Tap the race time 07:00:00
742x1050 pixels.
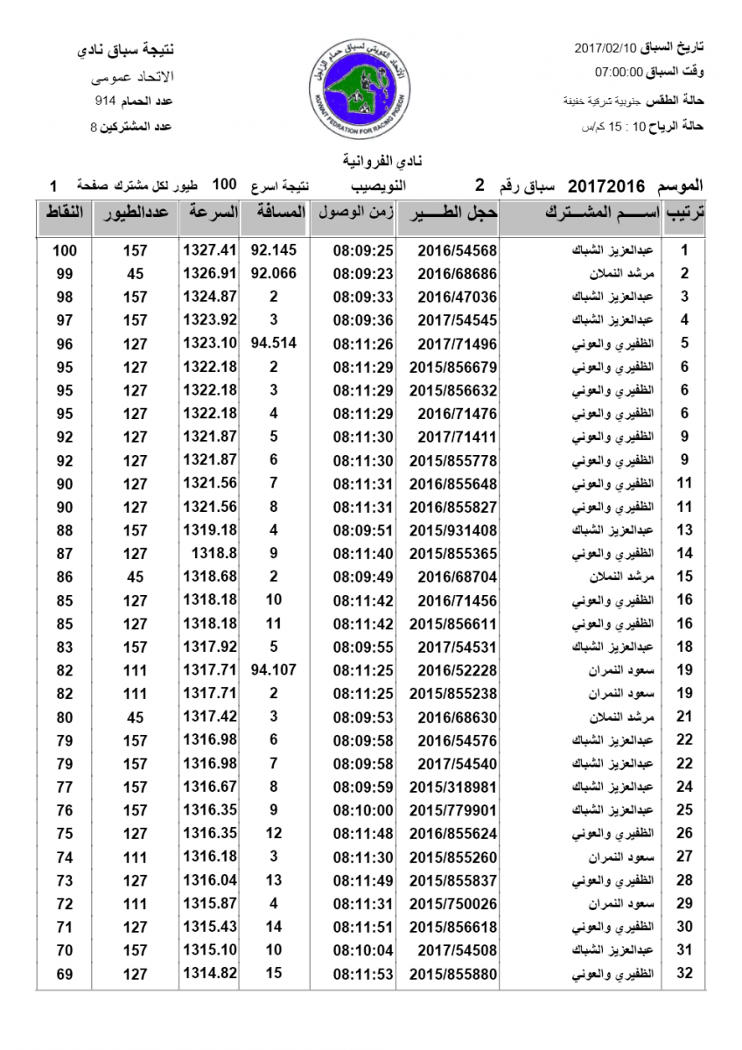[x=619, y=72]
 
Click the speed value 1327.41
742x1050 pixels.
[x=210, y=250]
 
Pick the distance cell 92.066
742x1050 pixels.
[x=273, y=273]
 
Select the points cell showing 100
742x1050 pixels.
[x=64, y=250]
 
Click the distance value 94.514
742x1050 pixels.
[x=273, y=343]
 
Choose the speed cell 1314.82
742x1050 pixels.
[x=210, y=973]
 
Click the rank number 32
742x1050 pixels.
[x=685, y=973]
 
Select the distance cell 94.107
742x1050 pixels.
[x=273, y=670]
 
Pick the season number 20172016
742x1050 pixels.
[x=606, y=186]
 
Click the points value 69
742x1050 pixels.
[x=64, y=973]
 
